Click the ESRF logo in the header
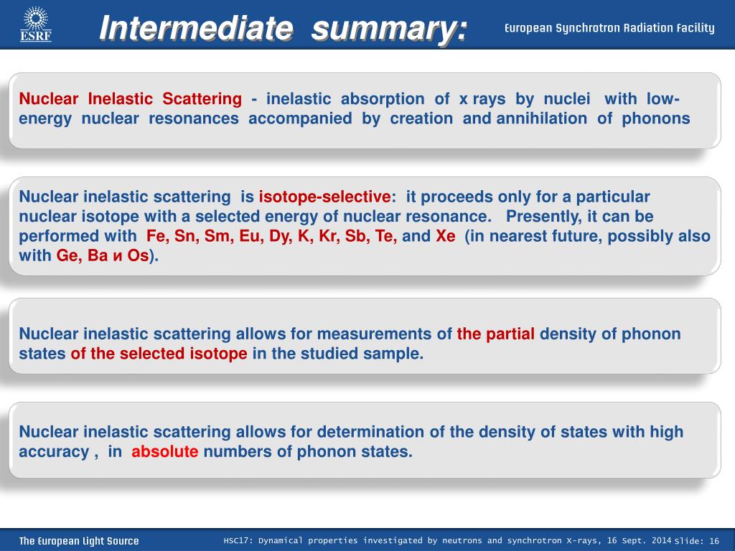click(x=36, y=24)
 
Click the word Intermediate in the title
click(x=197, y=28)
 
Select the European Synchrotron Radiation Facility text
click(x=609, y=28)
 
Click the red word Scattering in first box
click(x=202, y=99)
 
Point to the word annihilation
click(x=541, y=118)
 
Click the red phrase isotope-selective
click(x=325, y=197)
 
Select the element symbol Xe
click(x=446, y=235)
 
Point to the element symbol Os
click(x=138, y=255)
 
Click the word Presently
click(x=544, y=217)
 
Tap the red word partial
click(x=510, y=334)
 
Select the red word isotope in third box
click(x=218, y=353)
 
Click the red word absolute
click(x=164, y=451)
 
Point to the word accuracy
click(x=54, y=452)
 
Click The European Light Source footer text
click(x=79, y=541)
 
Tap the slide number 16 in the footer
click(x=714, y=541)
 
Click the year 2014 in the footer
click(x=661, y=540)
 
